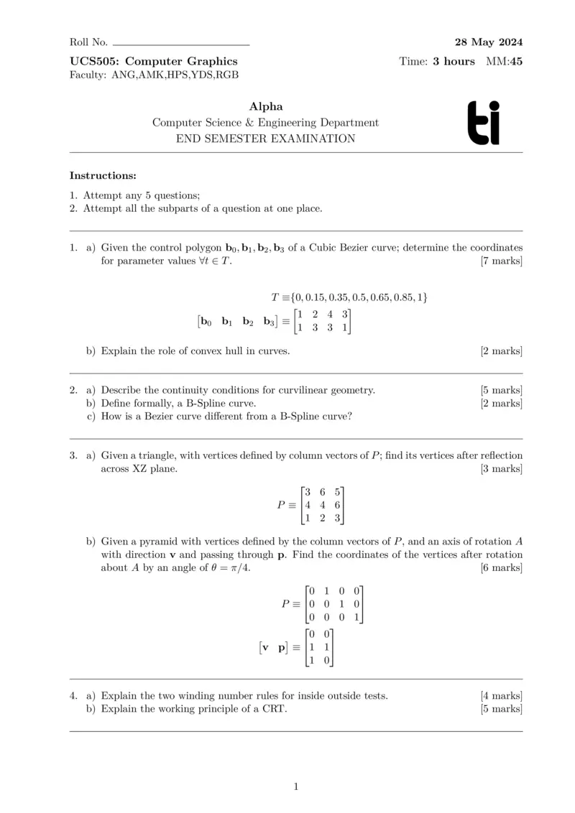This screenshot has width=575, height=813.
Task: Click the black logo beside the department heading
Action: (483, 123)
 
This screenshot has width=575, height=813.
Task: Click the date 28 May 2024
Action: (489, 42)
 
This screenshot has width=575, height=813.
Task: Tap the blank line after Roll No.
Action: (180, 43)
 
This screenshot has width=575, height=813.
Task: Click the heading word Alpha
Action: (265, 107)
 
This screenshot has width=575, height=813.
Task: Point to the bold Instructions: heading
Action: (103, 175)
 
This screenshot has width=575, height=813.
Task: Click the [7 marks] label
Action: (501, 261)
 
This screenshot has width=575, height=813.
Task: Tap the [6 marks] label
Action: (501, 568)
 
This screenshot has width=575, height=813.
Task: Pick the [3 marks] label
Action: (501, 469)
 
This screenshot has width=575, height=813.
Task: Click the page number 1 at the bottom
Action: (295, 786)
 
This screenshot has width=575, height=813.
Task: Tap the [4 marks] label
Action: (501, 695)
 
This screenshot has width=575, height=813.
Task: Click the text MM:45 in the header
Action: (505, 61)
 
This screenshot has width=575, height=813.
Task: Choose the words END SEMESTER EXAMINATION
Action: (265, 139)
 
